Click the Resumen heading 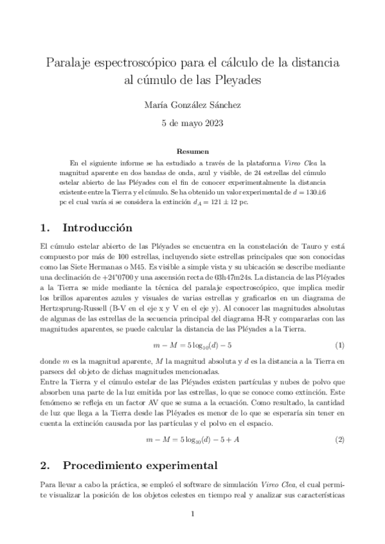coord(192,151)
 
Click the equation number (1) coord(341,345)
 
